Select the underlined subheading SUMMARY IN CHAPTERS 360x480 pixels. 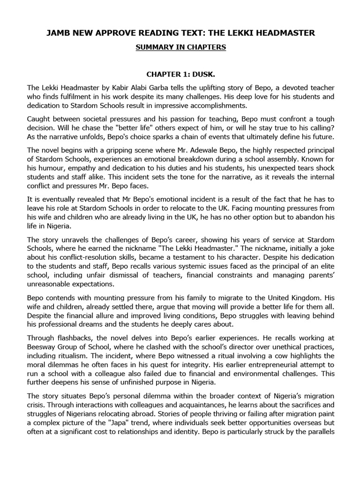coord(180,48)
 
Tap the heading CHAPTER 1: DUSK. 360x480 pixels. coord(180,74)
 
